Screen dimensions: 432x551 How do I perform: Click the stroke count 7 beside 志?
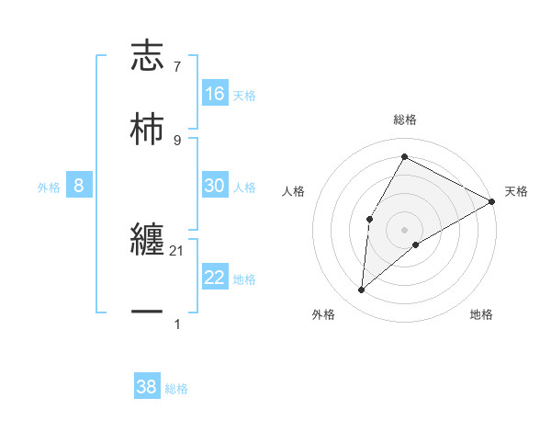(177, 66)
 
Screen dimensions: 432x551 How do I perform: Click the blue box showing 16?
(215, 94)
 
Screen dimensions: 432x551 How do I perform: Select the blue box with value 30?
(215, 186)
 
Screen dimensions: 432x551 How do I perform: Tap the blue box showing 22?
(215, 278)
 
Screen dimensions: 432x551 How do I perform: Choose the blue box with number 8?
(79, 186)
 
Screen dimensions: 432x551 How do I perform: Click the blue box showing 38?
(147, 387)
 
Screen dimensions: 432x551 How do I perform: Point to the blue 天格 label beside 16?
(244, 95)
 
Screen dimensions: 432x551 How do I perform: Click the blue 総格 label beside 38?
(176, 389)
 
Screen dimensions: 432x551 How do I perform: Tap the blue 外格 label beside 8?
(49, 188)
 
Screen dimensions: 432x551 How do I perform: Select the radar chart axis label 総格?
(405, 119)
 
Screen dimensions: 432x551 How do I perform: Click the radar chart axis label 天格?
(516, 191)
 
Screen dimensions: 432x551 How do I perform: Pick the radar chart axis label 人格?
(294, 191)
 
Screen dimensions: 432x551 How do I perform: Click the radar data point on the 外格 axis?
(362, 290)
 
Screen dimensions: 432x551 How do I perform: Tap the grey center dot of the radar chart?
(405, 230)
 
